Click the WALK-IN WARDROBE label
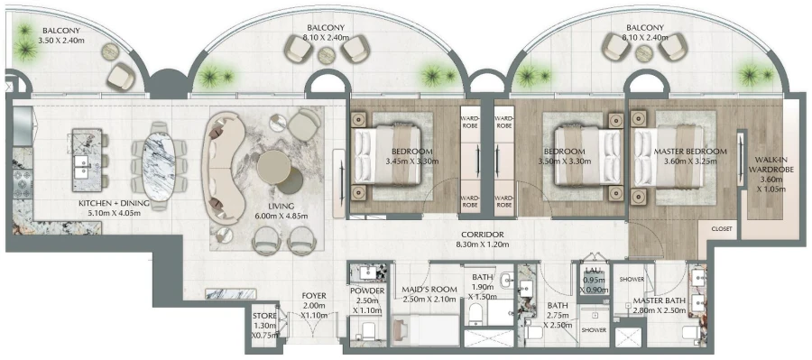(773, 172)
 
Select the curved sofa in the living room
(224, 167)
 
